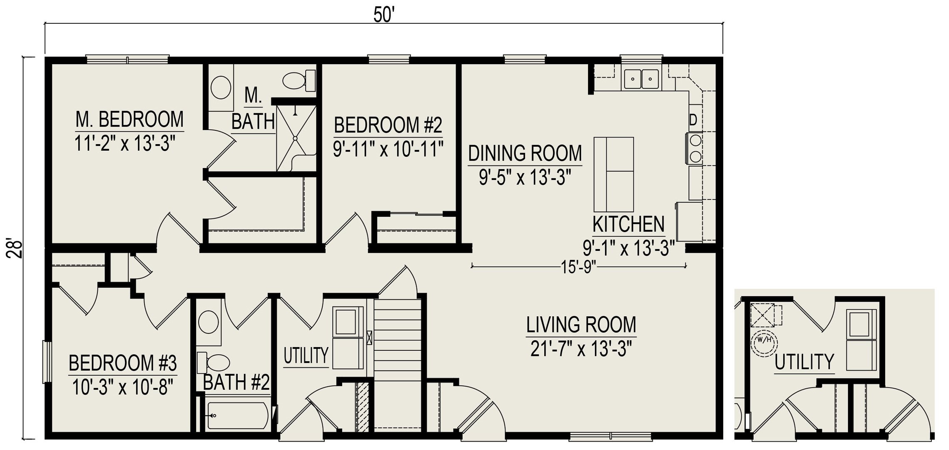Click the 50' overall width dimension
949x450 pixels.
click(384, 15)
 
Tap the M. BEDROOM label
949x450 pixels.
click(130, 119)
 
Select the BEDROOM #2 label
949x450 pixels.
click(388, 125)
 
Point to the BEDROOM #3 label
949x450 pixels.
click(123, 363)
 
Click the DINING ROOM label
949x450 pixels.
click(525, 153)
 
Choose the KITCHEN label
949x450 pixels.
click(628, 224)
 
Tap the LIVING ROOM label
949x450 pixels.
click(581, 325)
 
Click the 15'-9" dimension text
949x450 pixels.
click(579, 267)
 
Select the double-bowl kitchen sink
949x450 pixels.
click(641, 78)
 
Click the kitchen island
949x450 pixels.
click(614, 174)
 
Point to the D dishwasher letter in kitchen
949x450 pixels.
click(693, 120)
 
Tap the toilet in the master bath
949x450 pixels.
click(299, 80)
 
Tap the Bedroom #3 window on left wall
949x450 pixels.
click(47, 362)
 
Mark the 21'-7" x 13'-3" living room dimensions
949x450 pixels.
click(581, 348)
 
